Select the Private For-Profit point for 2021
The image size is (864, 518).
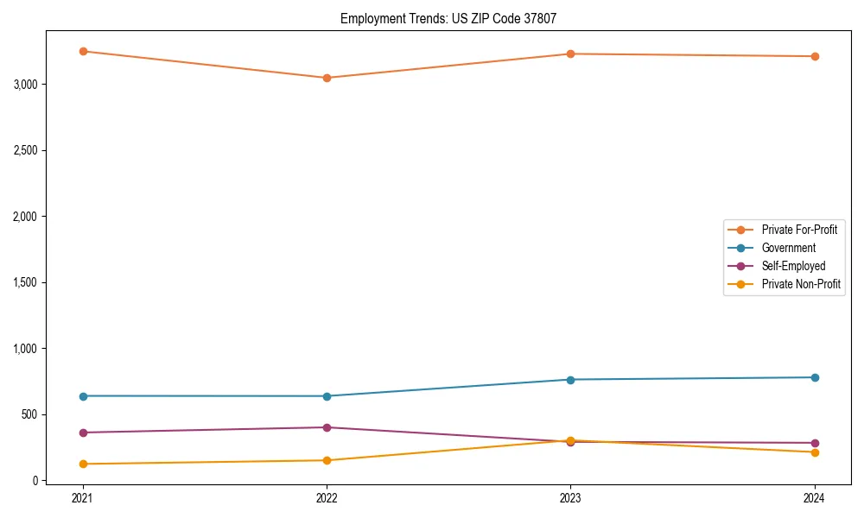point(83,51)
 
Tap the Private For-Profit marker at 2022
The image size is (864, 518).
point(327,78)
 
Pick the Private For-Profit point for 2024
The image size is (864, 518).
point(815,56)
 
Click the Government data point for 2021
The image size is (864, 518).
point(83,396)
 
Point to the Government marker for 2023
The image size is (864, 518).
point(570,380)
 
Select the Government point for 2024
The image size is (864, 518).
point(815,377)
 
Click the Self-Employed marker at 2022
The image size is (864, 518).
point(327,427)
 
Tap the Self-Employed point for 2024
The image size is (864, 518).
point(815,443)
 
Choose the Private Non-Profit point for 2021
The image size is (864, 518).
point(83,464)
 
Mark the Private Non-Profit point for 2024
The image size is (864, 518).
point(815,452)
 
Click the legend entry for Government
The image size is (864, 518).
point(788,248)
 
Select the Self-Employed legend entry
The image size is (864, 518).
point(793,266)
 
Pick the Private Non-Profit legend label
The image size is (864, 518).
point(801,284)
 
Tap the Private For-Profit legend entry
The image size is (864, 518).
point(799,230)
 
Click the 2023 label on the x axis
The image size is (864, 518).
point(570,498)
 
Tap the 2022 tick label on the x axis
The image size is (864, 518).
point(327,498)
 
